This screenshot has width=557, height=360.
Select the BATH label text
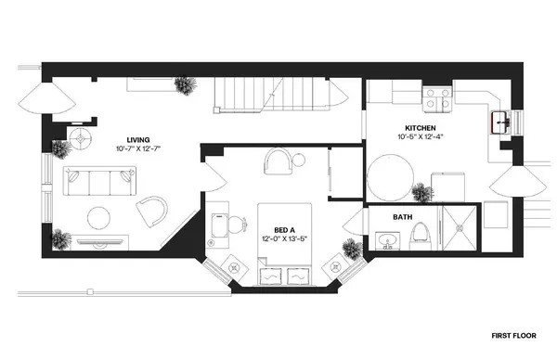pyautogui.click(x=402, y=217)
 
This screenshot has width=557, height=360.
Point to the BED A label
pyautogui.click(x=286, y=230)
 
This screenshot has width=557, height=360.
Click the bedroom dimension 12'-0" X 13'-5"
pyautogui.click(x=286, y=239)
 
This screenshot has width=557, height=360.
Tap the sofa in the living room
pyautogui.click(x=101, y=180)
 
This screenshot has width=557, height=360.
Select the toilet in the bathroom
pyautogui.click(x=421, y=233)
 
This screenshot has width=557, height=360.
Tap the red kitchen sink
pyautogui.click(x=502, y=120)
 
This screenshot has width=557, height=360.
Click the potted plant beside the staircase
pyautogui.click(x=188, y=85)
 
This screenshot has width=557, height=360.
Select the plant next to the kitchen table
pyautogui.click(x=422, y=194)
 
